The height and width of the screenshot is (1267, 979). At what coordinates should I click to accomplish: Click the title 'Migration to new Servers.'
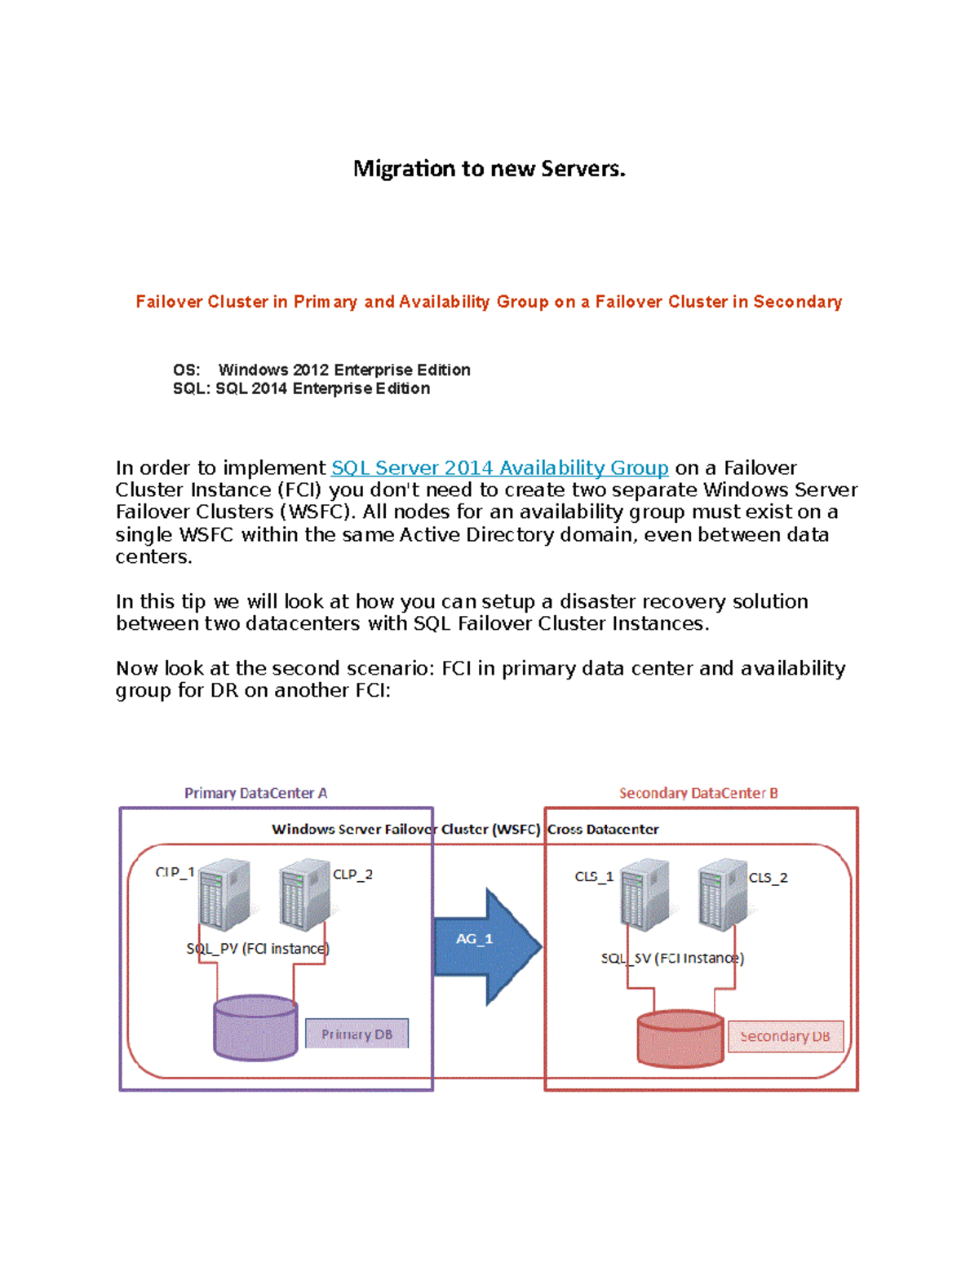pos(489,169)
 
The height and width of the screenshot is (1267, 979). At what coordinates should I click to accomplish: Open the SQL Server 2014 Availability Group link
pos(499,468)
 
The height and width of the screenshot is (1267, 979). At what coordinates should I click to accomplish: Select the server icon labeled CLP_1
pos(224,895)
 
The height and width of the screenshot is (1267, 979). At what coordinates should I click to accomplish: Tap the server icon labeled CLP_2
pos(304,895)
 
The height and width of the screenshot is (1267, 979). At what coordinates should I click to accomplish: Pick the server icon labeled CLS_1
pos(645,895)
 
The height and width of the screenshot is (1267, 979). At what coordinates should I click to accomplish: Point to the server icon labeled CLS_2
pos(723,895)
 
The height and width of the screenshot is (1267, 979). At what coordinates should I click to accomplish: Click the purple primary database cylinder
pos(255,1028)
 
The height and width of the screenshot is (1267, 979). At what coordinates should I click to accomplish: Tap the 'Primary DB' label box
pos(357,1034)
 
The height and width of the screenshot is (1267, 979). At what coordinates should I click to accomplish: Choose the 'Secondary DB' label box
pos(785,1036)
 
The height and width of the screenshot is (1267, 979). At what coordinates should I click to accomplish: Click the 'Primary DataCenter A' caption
pos(255,793)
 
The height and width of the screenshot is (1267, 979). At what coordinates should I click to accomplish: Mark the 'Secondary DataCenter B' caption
pos(698,793)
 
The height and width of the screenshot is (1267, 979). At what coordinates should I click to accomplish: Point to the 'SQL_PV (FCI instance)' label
pos(258,949)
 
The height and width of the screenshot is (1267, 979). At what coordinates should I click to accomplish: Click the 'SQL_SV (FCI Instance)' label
pos(672,958)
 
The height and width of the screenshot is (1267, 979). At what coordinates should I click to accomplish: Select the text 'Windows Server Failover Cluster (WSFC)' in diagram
pos(405,830)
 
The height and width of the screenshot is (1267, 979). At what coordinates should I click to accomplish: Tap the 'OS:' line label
pos(186,370)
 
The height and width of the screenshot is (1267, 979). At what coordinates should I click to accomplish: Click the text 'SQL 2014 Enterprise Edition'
pos(322,389)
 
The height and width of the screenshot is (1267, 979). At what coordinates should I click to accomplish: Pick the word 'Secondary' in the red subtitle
pos(797,302)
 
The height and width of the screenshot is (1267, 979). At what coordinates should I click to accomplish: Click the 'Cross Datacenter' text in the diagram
pos(603,830)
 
